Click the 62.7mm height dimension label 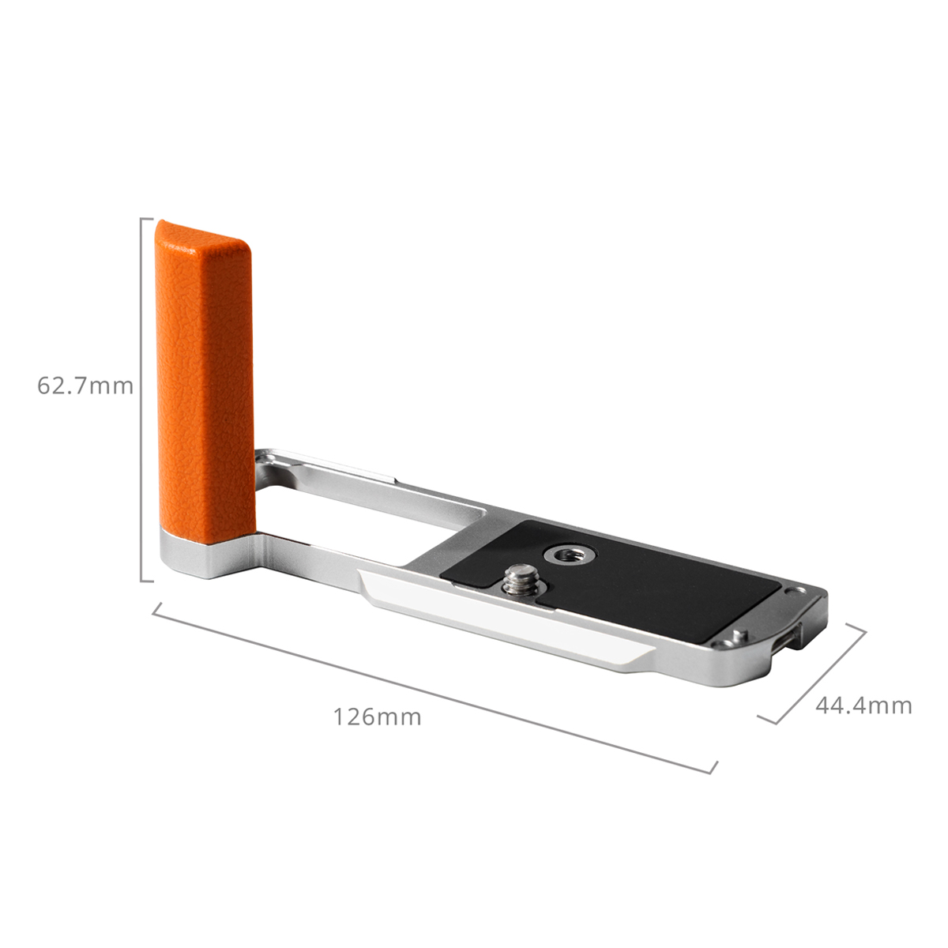(x=85, y=386)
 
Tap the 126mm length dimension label (x=377, y=717)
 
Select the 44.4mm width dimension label (x=863, y=705)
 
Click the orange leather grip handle (x=204, y=379)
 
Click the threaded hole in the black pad (x=563, y=555)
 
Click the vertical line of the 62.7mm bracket (x=142, y=399)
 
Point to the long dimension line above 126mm (x=434, y=687)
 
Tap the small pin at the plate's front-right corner (x=739, y=637)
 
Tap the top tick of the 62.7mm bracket (x=148, y=218)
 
